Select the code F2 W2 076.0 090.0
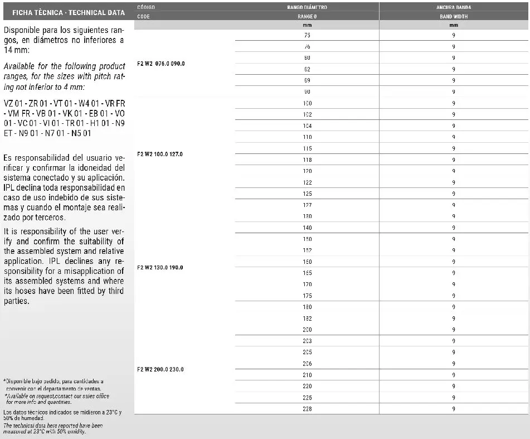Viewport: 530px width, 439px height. (x=161, y=64)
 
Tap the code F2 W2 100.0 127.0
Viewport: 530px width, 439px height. (x=161, y=154)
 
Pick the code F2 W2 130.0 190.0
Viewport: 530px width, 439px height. (x=161, y=267)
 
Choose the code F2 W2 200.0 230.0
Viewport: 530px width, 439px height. (x=161, y=369)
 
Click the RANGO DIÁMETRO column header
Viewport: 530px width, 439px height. (x=307, y=7)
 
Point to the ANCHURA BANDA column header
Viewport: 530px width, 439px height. (x=454, y=7)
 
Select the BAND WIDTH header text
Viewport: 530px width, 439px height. (x=454, y=17)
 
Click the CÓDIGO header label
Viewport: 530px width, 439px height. (x=146, y=7)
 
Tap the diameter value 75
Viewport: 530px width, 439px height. (x=307, y=35)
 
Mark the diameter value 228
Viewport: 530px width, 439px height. (x=307, y=409)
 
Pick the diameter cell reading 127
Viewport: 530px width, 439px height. (x=307, y=205)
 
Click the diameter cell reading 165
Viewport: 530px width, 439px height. (x=307, y=273)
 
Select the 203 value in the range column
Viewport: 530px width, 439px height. (x=307, y=341)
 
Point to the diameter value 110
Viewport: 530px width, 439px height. (x=307, y=137)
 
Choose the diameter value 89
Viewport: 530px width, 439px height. (x=307, y=80)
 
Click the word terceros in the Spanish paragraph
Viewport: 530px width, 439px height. (x=48, y=218)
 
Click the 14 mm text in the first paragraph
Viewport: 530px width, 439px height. (x=12, y=50)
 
